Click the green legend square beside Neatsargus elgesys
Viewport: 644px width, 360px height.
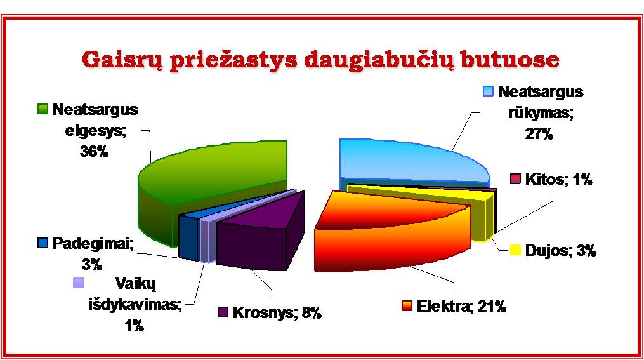click(43, 109)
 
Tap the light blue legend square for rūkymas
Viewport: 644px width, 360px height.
click(488, 91)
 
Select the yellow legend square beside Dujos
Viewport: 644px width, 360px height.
click(515, 250)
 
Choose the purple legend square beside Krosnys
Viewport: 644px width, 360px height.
click(223, 312)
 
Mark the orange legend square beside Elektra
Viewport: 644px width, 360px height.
click(407, 306)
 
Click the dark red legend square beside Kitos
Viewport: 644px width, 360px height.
click(515, 179)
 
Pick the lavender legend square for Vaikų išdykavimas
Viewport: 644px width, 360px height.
click(78, 283)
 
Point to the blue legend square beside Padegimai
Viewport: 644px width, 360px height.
click(43, 243)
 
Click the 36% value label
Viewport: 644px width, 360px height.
click(94, 152)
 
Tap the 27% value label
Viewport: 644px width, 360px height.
click(539, 134)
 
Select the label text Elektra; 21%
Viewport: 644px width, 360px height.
click(461, 307)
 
